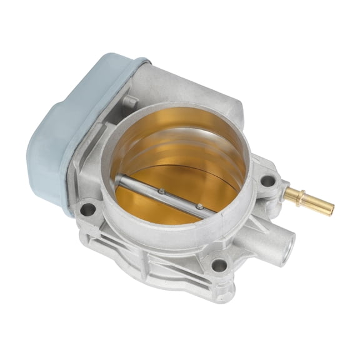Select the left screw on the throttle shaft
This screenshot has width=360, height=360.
pos(161,191)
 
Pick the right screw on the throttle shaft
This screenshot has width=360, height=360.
pos(199,206)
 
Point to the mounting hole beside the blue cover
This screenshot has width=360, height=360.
pos(88,208)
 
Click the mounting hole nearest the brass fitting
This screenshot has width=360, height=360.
pos(268,181)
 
